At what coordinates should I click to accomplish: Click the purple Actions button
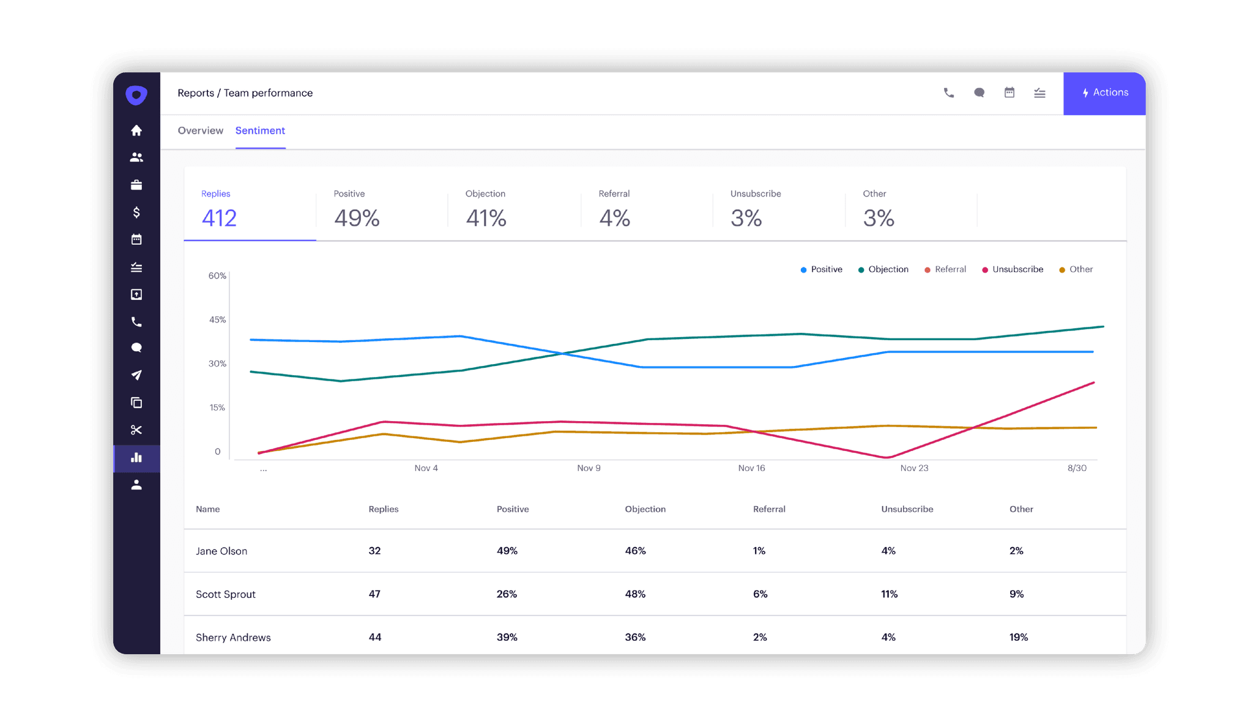coord(1104,93)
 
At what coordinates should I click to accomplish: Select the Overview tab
coord(200,130)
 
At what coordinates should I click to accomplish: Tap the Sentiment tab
coord(260,130)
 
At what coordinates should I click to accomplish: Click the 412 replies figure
coord(219,218)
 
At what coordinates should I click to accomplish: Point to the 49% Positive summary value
coord(357,218)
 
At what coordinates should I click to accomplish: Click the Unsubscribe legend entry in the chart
coord(1017,269)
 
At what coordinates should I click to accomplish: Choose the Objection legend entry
coord(888,269)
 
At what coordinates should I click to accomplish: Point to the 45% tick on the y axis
coord(217,319)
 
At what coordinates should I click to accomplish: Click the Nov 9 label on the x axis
coord(589,468)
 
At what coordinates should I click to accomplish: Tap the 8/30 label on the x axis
coord(1077,468)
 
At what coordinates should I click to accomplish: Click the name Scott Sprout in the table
coord(226,594)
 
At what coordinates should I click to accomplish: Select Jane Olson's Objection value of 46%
coord(635,551)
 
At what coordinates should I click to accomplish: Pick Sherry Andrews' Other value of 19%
coord(1019,637)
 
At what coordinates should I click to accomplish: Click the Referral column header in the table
coord(769,509)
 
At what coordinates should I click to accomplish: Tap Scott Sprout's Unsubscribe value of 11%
coord(889,594)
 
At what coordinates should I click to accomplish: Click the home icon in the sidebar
coord(136,130)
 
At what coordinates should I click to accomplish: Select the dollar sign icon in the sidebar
coord(136,212)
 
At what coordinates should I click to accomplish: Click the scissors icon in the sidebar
coord(136,430)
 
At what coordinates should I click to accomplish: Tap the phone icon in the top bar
coord(949,93)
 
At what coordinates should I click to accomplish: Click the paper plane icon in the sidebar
coord(136,375)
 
